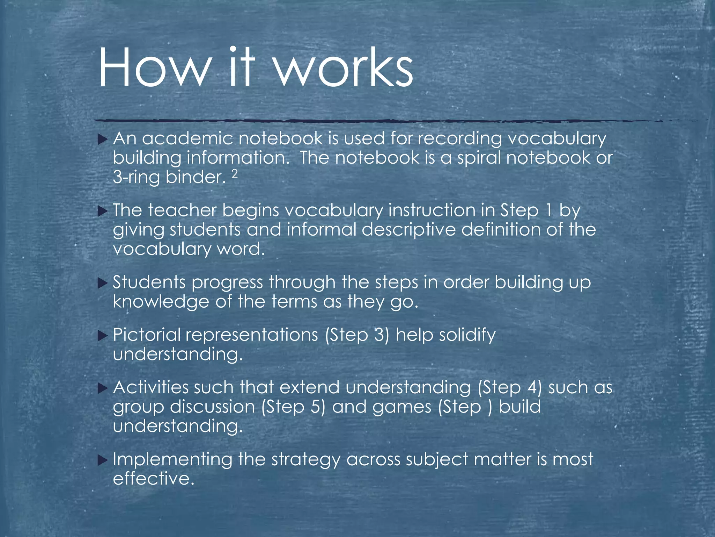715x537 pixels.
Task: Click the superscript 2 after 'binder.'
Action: (235, 174)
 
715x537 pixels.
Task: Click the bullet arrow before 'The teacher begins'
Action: (102, 212)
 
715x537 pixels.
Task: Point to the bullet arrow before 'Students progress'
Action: (102, 283)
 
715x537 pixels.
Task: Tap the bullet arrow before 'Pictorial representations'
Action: (102, 336)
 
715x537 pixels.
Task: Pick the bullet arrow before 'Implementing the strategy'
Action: (102, 460)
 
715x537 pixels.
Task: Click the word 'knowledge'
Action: (161, 302)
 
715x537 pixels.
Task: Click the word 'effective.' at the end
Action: (153, 478)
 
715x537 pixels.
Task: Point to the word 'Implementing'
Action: (172, 460)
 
